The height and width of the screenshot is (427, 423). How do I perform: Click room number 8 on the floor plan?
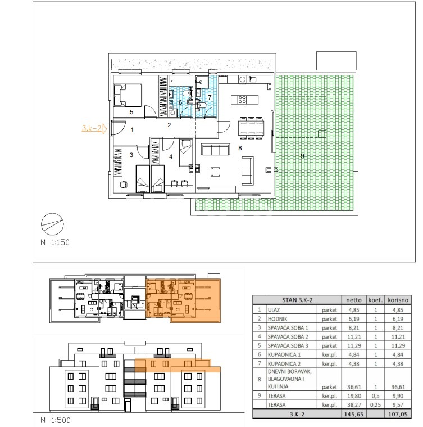pyautogui.click(x=240, y=148)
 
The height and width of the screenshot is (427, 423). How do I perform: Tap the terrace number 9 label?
pyautogui.click(x=302, y=156)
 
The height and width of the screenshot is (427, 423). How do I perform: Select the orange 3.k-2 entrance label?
pyautogui.click(x=92, y=128)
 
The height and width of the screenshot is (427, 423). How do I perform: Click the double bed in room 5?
pyautogui.click(x=128, y=95)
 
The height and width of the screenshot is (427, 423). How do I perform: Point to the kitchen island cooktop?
pyautogui.click(x=242, y=100)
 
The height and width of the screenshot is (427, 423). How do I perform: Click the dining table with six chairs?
pyautogui.click(x=251, y=128)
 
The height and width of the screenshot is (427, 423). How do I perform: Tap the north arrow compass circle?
pyautogui.click(x=52, y=224)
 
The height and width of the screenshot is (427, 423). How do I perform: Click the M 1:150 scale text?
pyautogui.click(x=55, y=242)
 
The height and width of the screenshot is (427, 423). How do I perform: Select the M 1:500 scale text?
pyautogui.click(x=56, y=420)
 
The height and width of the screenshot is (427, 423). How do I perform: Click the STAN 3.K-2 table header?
pyautogui.click(x=297, y=300)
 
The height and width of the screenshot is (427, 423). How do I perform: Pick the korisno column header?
pyautogui.click(x=398, y=300)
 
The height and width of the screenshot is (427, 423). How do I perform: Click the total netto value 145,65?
pyautogui.click(x=354, y=414)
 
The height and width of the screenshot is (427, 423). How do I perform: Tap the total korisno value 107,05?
pyautogui.click(x=398, y=414)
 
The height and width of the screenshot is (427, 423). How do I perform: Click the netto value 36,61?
pyautogui.click(x=354, y=387)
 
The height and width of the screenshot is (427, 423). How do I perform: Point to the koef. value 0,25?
pyautogui.click(x=375, y=405)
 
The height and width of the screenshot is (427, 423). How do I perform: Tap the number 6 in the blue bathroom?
pyautogui.click(x=180, y=102)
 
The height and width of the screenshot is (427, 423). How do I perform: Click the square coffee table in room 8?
pyautogui.click(x=215, y=172)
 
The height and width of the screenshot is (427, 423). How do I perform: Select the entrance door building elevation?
pyautogui.click(x=127, y=406)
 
